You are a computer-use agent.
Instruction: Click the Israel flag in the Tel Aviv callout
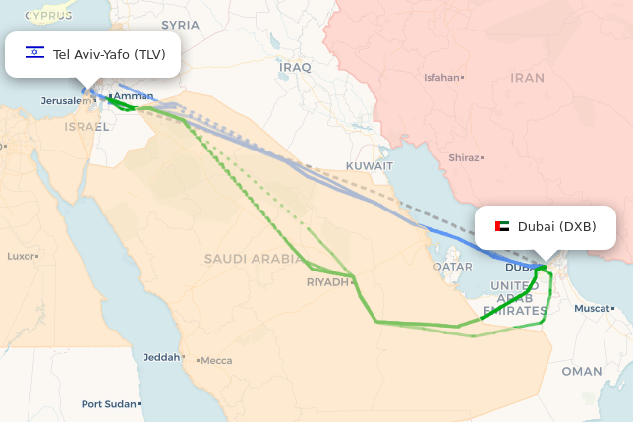pos(35,53)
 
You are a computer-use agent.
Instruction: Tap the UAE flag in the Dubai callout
pos(502,226)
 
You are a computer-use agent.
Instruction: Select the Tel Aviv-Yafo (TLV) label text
pos(109,54)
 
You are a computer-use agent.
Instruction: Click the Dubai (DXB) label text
pos(556,226)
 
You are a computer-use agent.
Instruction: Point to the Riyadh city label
pos(327,281)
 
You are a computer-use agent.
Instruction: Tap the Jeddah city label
pos(161,357)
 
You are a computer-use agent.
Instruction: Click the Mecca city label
pos(216,361)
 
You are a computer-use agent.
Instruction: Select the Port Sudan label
pos(109,404)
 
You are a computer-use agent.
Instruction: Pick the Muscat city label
pos(593,308)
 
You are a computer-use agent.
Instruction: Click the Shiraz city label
pos(463,157)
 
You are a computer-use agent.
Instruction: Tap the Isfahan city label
pos(441,77)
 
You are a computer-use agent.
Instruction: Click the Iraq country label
pos(296,67)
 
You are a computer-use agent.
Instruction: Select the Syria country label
pos(180,25)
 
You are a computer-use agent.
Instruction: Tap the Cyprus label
pos(48,16)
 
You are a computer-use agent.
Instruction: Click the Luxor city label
pos(21,256)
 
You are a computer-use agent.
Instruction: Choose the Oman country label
pos(582,371)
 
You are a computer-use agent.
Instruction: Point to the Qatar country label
pos(452,267)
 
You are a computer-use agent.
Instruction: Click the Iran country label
pos(527,77)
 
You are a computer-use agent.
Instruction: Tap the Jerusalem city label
pos(65,101)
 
